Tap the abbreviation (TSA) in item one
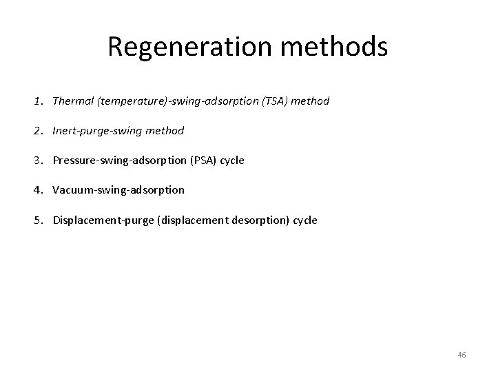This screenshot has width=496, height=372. point(276,101)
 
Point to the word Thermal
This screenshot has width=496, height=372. point(73,101)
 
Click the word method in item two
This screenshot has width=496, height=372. point(166,130)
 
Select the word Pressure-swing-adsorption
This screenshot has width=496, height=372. point(112,160)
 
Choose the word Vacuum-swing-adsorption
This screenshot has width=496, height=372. point(118,189)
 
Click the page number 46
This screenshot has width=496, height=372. point(462,354)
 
